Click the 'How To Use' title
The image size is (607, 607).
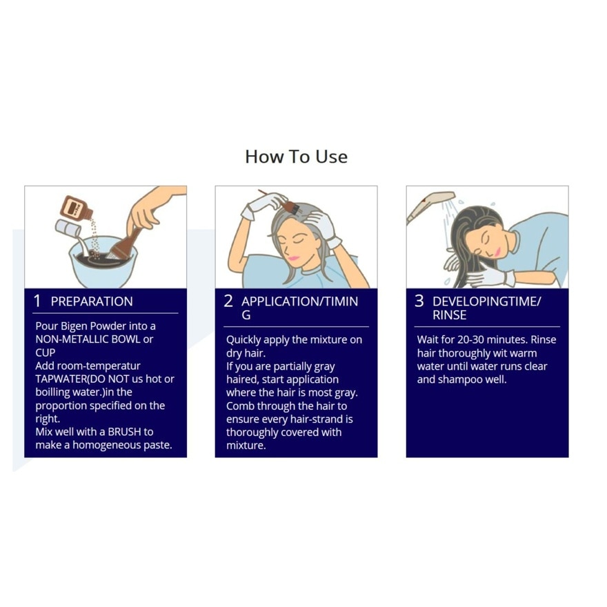pos(296,157)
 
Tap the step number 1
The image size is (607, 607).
pos(37,301)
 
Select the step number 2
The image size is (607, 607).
pos(228,301)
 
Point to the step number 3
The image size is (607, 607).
pos(419,301)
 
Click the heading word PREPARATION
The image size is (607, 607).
pos(92,301)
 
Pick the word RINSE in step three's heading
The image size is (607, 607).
pos(449,315)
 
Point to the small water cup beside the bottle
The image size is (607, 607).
pos(68,228)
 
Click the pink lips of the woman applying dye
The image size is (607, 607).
pos(293,258)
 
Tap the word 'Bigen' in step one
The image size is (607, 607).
pos(74,326)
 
